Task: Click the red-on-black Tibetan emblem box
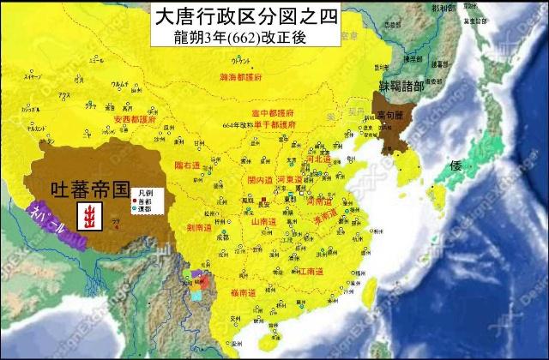click(x=87, y=218)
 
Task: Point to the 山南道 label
click(x=263, y=220)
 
